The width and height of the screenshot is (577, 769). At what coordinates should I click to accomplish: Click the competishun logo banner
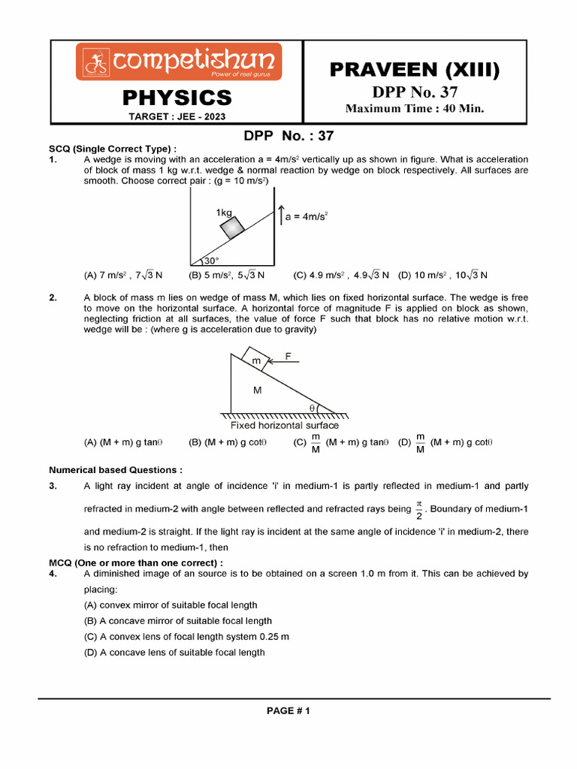178,61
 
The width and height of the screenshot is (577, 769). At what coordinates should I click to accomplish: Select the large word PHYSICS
177,97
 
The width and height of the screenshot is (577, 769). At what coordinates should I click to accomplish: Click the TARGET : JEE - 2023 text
177,116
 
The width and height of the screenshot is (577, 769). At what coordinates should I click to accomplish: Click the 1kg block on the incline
232,226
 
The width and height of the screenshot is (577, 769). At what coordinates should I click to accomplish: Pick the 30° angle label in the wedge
210,261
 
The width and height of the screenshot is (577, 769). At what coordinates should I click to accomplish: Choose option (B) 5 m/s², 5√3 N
226,276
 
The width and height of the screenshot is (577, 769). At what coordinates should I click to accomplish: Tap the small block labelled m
256,360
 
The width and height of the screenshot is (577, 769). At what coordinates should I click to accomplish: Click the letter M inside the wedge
257,391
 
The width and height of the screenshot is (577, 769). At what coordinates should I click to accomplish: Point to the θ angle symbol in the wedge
313,407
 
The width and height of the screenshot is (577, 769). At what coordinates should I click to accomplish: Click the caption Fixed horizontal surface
284,425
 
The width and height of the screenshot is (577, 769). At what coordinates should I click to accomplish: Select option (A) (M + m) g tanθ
124,442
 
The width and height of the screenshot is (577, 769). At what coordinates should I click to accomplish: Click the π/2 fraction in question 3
419,508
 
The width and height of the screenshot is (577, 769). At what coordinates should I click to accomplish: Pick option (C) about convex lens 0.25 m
186,636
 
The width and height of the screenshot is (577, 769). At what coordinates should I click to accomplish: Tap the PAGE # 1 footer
288,710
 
